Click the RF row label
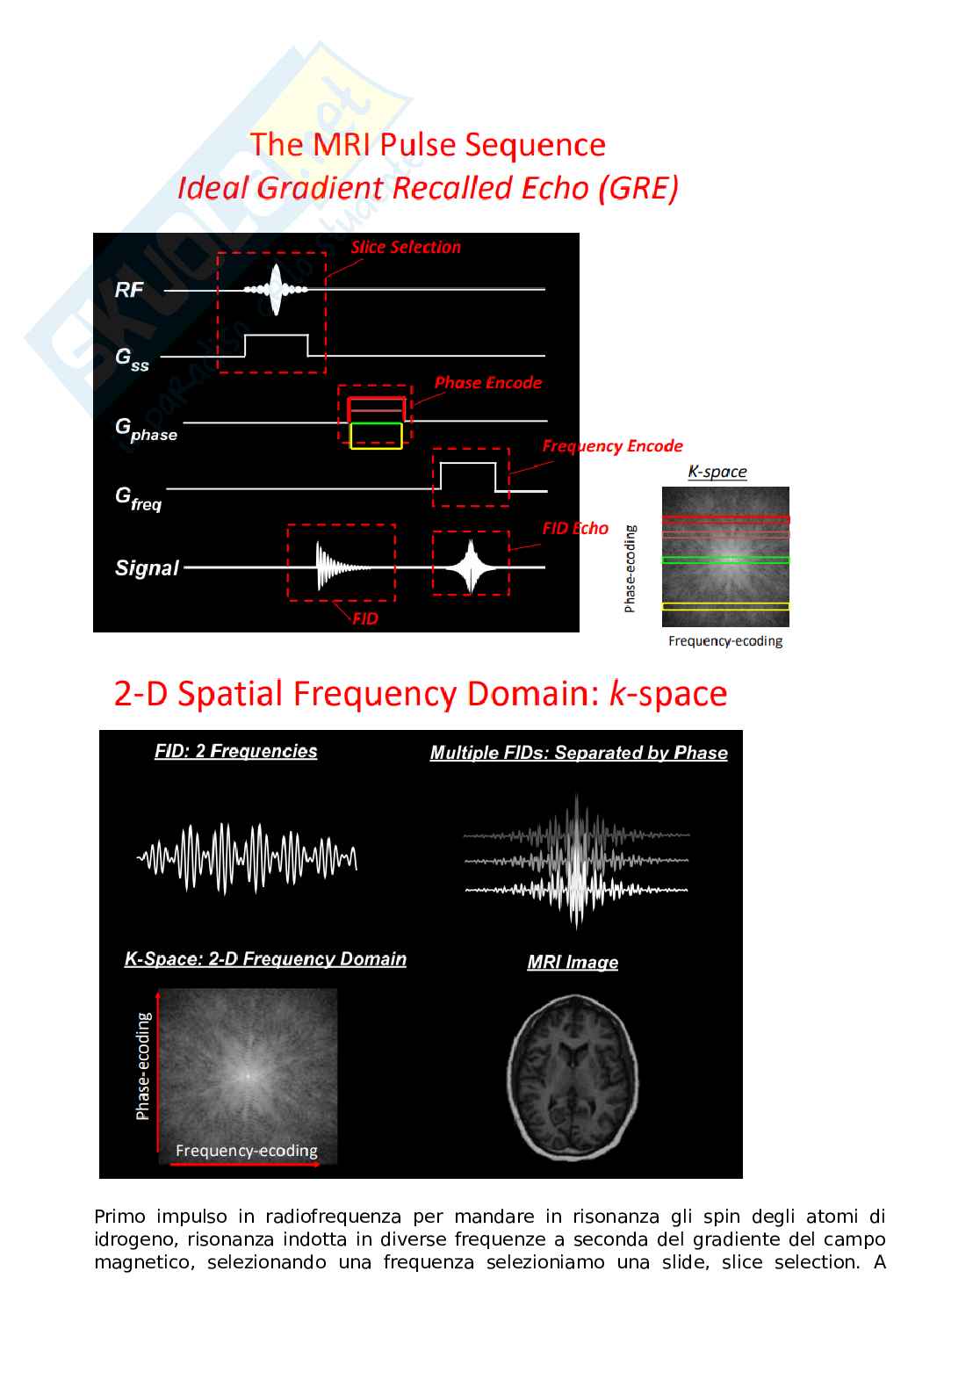pyautogui.click(x=129, y=290)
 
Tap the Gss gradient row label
pyautogui.click(x=132, y=359)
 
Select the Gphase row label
pyautogui.click(x=146, y=430)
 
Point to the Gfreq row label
pyautogui.click(x=138, y=499)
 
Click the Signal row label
pyautogui.click(x=147, y=567)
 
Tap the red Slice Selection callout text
pyautogui.click(x=406, y=247)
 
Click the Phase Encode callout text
pyautogui.click(x=488, y=383)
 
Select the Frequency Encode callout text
pyautogui.click(x=612, y=446)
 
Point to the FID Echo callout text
pyautogui.click(x=575, y=528)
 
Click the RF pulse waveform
pyautogui.click(x=276, y=290)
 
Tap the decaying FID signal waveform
pyautogui.click(x=343, y=567)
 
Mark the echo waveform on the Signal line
pyautogui.click(x=471, y=567)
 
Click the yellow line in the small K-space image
pyautogui.click(x=725, y=606)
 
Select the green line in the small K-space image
pyautogui.click(x=725, y=560)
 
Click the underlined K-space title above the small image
pyautogui.click(x=717, y=472)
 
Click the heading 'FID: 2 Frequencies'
pyautogui.click(x=236, y=751)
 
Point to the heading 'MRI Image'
pyautogui.click(x=573, y=962)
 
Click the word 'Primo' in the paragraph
pyautogui.click(x=119, y=1217)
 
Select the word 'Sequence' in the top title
pyautogui.click(x=535, y=145)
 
